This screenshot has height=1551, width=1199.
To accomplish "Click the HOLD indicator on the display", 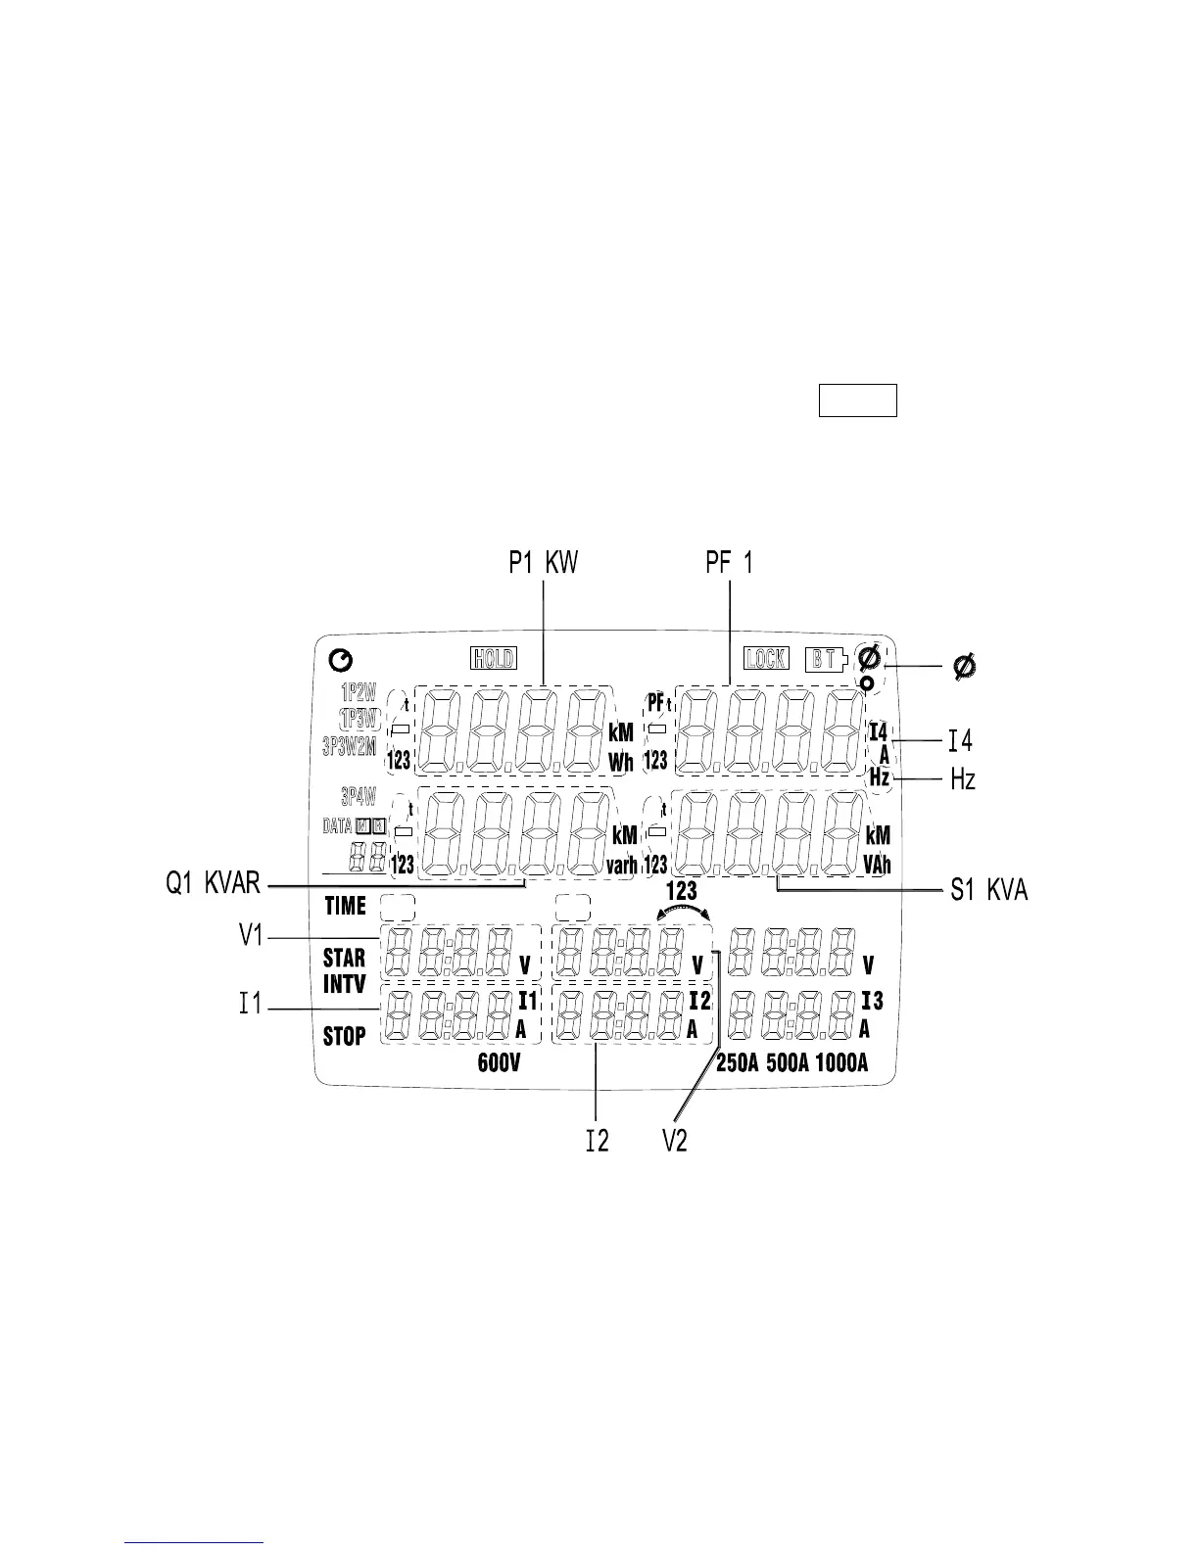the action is coord(494,658).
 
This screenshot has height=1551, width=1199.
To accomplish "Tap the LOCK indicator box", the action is coord(765,658).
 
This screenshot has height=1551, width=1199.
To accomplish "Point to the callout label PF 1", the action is coord(729,564).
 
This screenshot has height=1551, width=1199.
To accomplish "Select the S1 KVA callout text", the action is coord(989,890).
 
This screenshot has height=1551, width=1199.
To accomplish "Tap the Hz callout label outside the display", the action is coord(963,779).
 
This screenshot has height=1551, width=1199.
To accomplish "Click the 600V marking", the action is coord(498,1064).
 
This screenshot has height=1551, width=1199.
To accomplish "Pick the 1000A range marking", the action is coord(840,1064).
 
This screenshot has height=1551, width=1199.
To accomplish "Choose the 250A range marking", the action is coord(738,1064).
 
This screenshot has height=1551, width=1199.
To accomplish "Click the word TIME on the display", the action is coord(345,906).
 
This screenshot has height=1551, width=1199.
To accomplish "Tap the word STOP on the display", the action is coord(345,1035).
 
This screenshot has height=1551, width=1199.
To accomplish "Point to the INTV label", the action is coord(345,984).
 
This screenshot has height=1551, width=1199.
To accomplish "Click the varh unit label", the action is coord(621,865).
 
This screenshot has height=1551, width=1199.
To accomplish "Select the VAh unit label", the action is coord(878,865).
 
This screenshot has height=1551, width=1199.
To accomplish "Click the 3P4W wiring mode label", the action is coord(358,795).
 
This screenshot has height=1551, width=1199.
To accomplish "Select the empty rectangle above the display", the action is coord(857,401).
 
